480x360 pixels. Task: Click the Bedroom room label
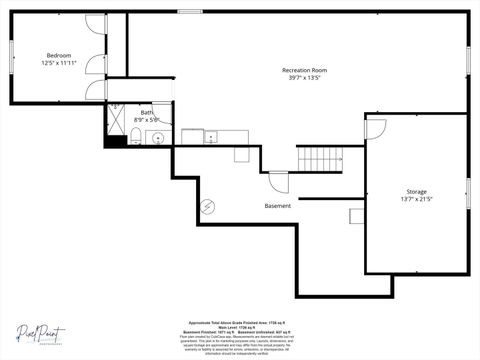pos(58,55)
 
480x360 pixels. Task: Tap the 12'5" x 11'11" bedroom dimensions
pos(59,63)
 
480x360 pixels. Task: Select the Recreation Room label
pos(304,70)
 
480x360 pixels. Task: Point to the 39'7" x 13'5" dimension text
pos(304,78)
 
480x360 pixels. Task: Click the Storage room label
pos(416,191)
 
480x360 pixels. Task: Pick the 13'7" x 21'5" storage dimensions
pos(416,199)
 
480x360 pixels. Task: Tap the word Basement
pos(278,206)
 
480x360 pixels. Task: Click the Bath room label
pos(147,113)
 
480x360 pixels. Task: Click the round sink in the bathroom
pos(158,138)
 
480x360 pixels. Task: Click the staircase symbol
pos(322,158)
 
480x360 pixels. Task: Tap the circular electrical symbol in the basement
pos(208,206)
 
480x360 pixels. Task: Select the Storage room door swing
pos(375,128)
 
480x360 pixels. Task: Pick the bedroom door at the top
pos(96,27)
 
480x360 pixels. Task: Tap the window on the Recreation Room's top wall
pos(190,12)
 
